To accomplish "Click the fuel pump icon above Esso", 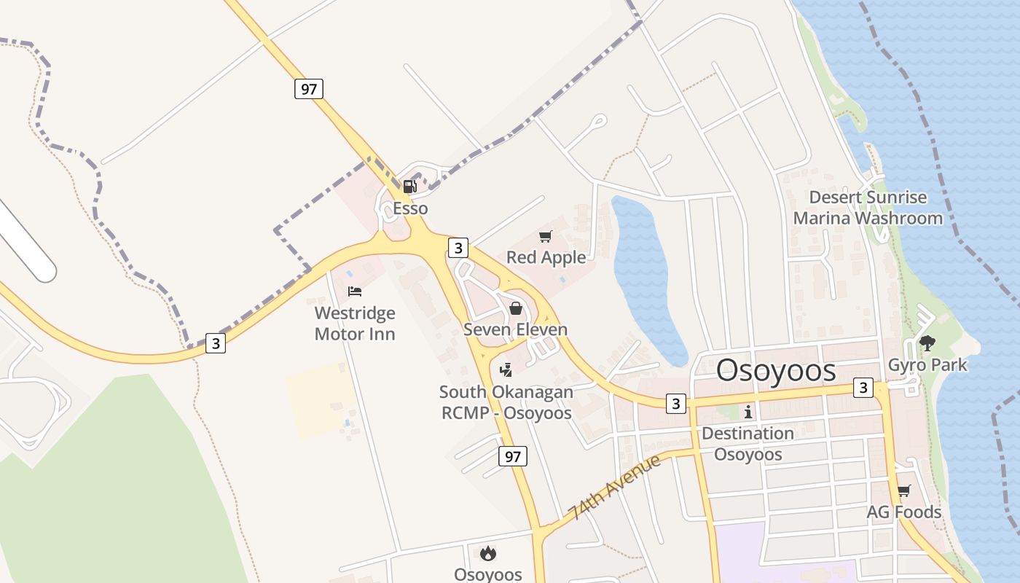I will [x=410, y=187].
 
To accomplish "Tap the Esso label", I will [x=410, y=208].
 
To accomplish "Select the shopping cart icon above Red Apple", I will [x=545, y=236].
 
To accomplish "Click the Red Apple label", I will [x=546, y=257].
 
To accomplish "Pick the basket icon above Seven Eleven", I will [x=516, y=308].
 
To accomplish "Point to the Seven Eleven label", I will [x=515, y=329].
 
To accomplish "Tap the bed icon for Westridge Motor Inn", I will [x=355, y=291].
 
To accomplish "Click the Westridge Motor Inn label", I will [x=355, y=324].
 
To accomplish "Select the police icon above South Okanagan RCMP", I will [x=506, y=370].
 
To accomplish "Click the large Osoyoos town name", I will [x=776, y=371].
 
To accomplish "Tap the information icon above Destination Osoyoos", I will [x=748, y=412].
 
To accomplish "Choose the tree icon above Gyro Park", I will [x=927, y=343].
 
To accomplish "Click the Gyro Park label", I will [x=927, y=364].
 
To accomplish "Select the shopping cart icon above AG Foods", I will [x=903, y=491].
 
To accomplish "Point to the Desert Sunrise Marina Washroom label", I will [x=868, y=208].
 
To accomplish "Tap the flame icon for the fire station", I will [x=488, y=554].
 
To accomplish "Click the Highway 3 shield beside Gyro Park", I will [x=863, y=388].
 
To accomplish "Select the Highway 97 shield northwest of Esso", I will [x=309, y=89].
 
